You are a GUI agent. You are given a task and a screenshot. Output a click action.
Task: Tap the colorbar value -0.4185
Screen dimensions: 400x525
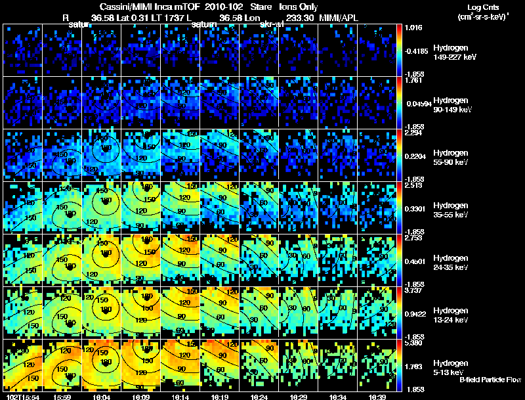coord(417,50)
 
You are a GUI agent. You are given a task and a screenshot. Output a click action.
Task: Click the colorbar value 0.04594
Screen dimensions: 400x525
coord(417,102)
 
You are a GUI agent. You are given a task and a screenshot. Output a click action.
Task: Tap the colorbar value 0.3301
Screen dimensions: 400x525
coord(416,208)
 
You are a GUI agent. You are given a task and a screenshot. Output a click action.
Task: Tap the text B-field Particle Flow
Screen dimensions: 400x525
coord(490,380)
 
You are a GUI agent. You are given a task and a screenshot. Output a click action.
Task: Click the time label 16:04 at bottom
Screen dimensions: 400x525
coord(102,397)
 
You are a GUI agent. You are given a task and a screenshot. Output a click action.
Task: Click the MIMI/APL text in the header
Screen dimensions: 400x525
coord(339,18)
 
